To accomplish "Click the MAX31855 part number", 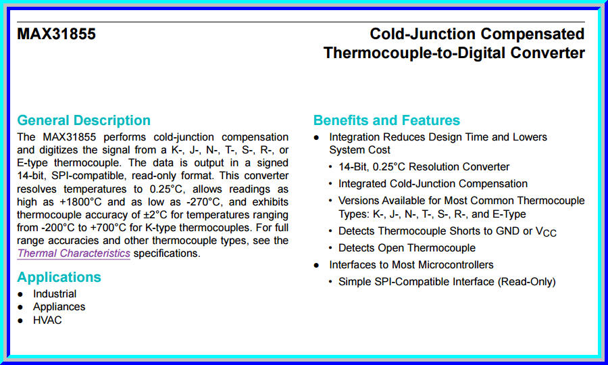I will click(57, 34).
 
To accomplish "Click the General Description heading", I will click(84, 120).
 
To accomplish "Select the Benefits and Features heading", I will click(386, 120).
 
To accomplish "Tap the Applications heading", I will click(59, 277).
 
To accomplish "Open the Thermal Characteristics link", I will click(74, 253).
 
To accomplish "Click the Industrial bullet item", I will click(55, 294).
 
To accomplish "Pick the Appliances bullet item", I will click(59, 307).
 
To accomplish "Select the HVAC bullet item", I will click(47, 320).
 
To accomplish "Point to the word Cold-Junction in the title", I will click(422, 34).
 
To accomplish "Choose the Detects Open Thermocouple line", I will click(407, 248).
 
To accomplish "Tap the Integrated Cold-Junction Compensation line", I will click(433, 183).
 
